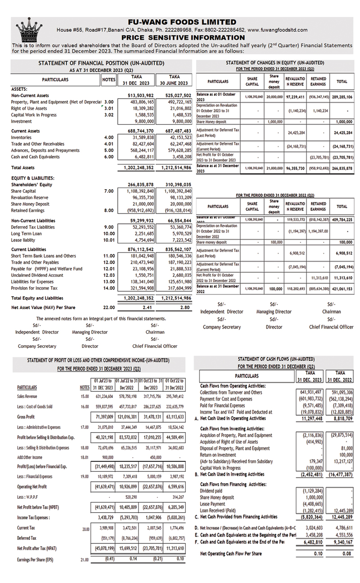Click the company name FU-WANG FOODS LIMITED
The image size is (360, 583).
coord(182,22)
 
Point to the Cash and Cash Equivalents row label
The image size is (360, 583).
coord(35,157)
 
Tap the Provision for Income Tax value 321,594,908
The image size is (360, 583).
coord(138,288)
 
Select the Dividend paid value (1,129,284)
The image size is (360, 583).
coord(310,491)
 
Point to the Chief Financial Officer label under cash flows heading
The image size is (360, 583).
coord(331,327)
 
